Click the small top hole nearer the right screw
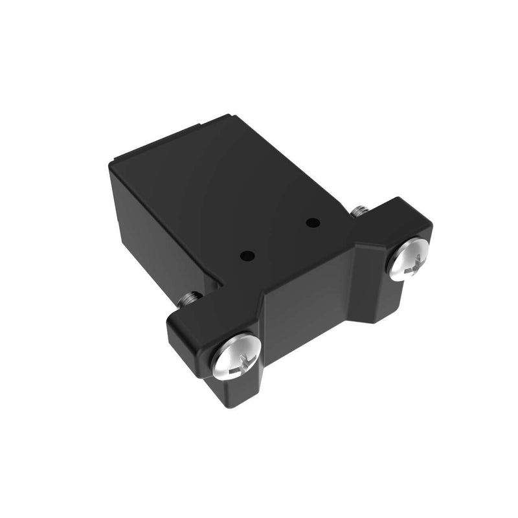(313, 224)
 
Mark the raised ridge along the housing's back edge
(172, 137)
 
